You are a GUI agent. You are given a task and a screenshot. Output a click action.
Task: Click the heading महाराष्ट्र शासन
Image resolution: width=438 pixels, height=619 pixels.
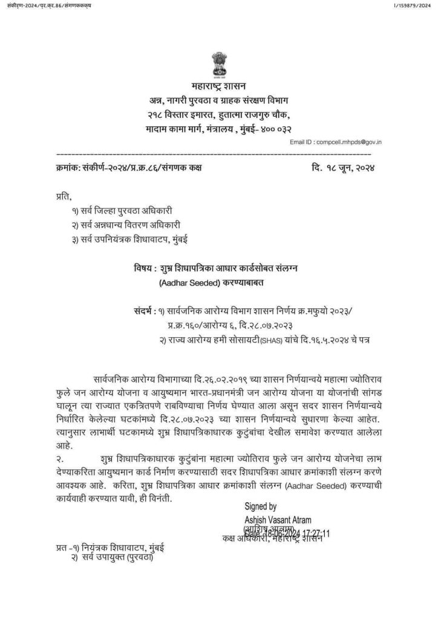click(x=218, y=86)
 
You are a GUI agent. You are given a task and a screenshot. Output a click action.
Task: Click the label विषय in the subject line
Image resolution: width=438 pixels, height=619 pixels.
click(x=141, y=268)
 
